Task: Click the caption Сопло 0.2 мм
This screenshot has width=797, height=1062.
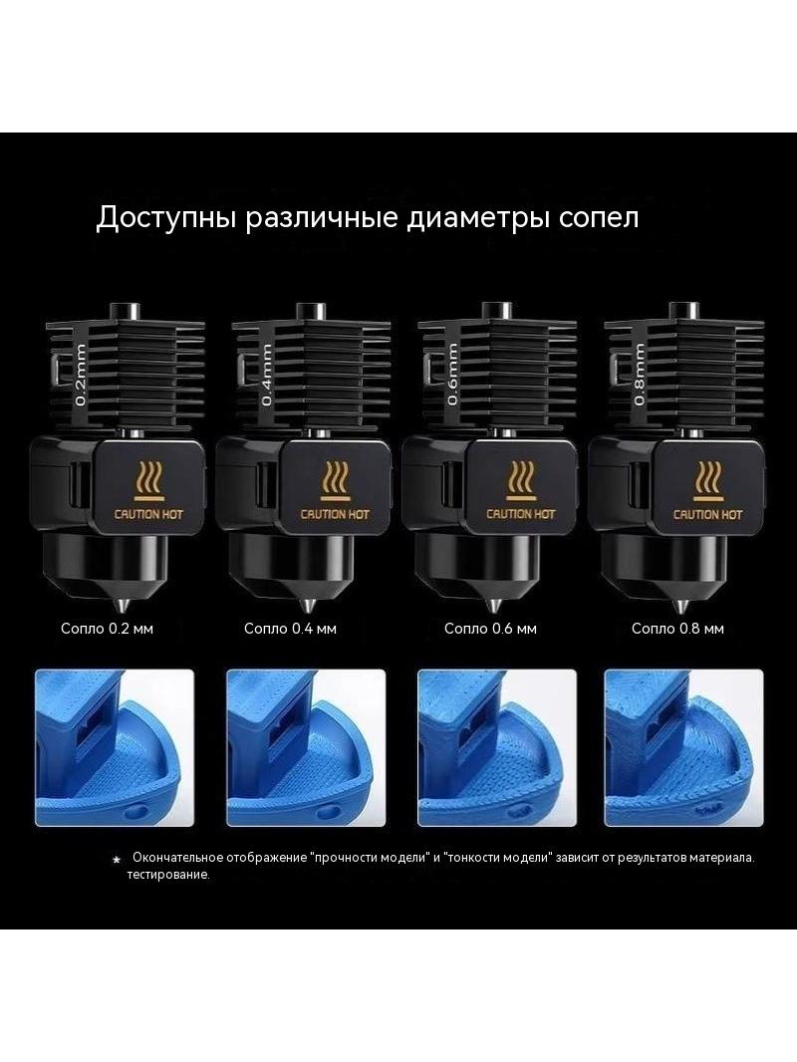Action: tap(107, 629)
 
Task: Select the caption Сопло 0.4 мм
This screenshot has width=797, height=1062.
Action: tap(291, 629)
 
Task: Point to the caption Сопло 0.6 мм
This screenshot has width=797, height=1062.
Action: tap(490, 629)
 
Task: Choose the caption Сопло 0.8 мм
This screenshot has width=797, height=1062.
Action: tap(677, 629)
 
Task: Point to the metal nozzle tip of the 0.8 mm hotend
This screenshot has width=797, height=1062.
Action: tap(680, 603)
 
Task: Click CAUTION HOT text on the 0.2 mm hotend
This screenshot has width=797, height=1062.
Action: tap(148, 514)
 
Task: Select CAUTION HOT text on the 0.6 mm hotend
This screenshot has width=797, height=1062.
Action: tap(521, 514)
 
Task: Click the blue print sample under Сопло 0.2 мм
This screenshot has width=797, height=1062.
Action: tap(115, 748)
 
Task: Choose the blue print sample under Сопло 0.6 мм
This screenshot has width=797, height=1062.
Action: tap(497, 748)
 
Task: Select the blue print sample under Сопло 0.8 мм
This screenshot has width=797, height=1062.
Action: tap(683, 748)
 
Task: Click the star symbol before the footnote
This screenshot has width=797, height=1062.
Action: tap(117, 860)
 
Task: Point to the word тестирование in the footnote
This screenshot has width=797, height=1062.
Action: tap(168, 875)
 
